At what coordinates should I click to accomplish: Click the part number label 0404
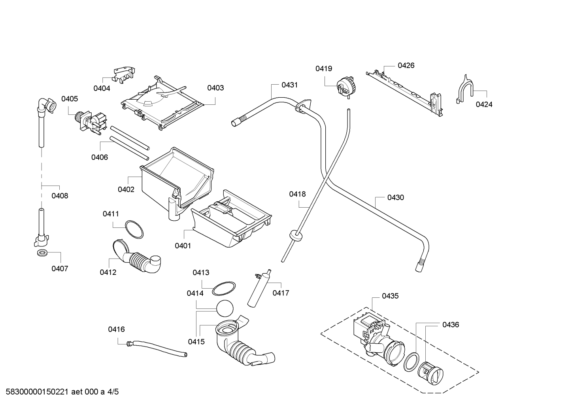coord(102,88)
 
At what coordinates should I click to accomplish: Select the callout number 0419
coord(324,68)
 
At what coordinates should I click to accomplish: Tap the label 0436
coord(451,325)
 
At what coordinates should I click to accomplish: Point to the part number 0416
coord(116,329)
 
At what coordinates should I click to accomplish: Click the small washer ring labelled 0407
coord(42,253)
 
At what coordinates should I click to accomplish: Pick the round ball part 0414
coord(225,308)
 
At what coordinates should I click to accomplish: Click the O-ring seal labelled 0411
coord(134,229)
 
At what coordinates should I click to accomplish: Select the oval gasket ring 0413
coord(224,289)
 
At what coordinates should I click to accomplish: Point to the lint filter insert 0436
coord(430,373)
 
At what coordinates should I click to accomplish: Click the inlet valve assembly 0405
coord(91,123)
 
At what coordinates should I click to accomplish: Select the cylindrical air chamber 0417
coord(259,288)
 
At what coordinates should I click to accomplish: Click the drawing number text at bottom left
coord(37,392)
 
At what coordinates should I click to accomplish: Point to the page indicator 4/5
coord(113,392)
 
